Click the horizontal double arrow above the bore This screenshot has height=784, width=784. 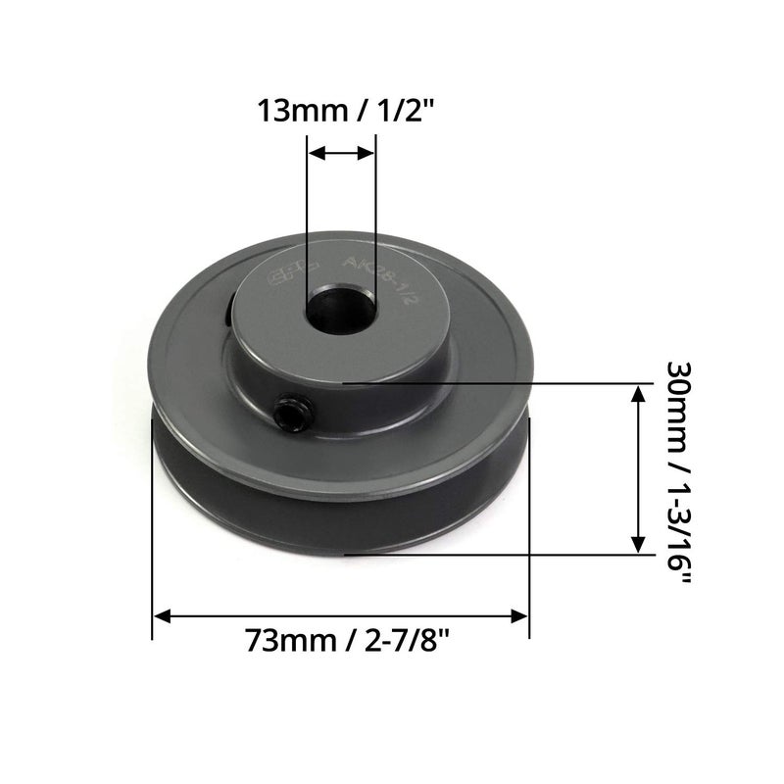340,153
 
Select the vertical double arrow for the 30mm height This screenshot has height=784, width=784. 638,469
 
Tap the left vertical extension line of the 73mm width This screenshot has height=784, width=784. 153,529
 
